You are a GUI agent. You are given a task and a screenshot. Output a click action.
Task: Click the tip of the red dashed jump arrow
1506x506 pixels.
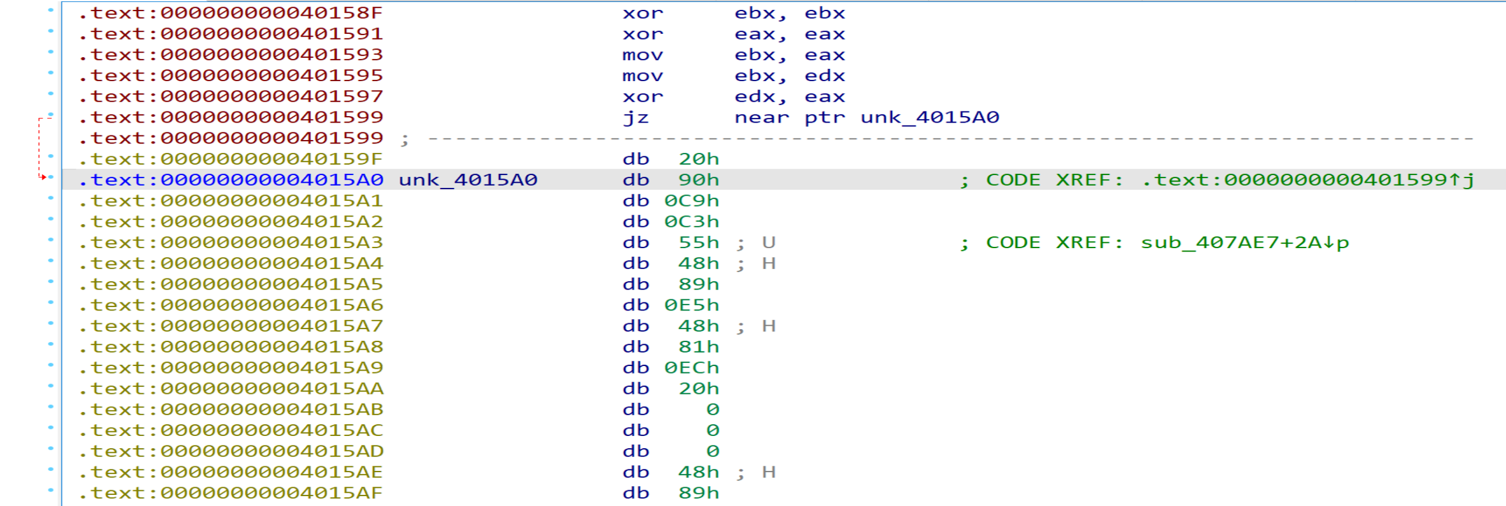coord(46,177)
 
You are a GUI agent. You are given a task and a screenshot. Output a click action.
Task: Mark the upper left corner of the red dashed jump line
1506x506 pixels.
coord(39,118)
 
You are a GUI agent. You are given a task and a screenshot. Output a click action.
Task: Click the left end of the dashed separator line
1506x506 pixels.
coord(429,139)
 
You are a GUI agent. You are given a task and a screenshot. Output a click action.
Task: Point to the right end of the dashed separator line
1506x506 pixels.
coord(1473,139)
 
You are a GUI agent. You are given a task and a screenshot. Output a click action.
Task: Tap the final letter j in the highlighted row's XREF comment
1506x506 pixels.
coord(1468,180)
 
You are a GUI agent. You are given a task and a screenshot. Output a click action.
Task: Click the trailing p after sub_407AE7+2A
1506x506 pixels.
coord(1342,243)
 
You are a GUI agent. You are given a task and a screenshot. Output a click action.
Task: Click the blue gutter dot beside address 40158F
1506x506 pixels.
coord(51,10)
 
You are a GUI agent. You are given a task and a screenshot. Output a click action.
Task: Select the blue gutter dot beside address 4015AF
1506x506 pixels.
coord(51,490)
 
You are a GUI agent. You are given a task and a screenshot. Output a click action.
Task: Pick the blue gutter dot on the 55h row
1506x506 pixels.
coord(51,240)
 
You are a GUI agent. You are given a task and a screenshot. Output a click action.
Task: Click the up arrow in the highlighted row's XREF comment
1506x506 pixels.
coord(1454,180)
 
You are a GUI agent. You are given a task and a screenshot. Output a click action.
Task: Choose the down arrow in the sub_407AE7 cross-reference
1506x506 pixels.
coord(1328,242)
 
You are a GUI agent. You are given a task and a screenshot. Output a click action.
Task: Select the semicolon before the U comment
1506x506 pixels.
coord(740,244)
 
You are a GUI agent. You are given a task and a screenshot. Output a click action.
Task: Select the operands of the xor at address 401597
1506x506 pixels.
coord(790,96)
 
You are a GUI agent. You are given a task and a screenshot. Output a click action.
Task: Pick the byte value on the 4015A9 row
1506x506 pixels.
coord(691,368)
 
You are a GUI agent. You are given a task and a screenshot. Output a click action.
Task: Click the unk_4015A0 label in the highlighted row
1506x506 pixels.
coord(468,180)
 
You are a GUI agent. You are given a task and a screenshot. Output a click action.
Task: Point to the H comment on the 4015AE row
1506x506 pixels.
coord(769,472)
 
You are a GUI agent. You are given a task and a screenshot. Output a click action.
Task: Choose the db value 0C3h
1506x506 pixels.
coord(691,222)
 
